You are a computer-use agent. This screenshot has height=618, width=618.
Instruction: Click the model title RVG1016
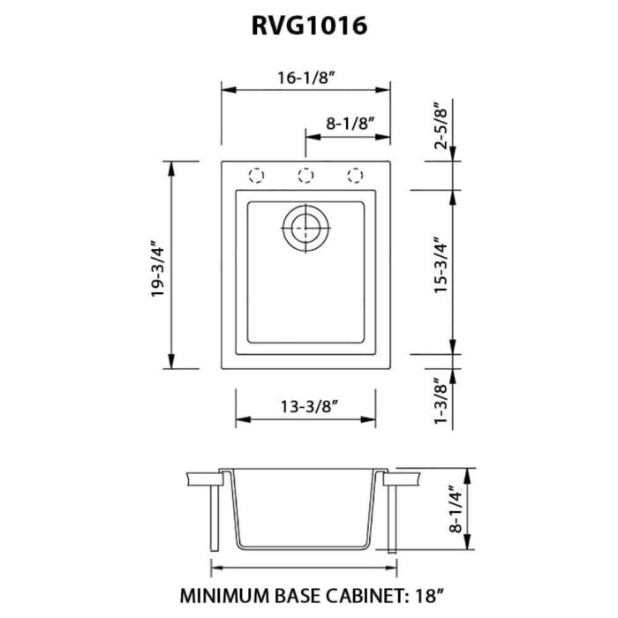click(308, 26)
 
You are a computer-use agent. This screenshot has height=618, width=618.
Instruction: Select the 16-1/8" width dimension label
click(305, 77)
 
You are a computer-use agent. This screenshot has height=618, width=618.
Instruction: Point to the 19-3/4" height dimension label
click(159, 266)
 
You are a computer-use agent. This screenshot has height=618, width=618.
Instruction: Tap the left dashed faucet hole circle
click(256, 175)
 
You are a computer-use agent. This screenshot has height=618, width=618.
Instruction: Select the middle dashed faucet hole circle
click(305, 175)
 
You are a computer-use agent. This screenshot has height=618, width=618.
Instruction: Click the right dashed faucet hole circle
click(355, 175)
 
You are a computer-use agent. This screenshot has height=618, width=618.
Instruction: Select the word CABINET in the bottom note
click(357, 593)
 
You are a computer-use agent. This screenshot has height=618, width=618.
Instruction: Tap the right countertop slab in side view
click(405, 479)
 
